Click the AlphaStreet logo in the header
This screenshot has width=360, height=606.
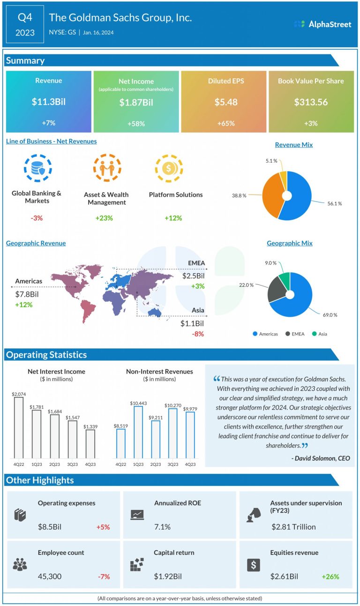point(322,24)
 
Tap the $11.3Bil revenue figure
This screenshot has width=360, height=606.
point(48,102)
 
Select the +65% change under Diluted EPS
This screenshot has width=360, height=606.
point(223,124)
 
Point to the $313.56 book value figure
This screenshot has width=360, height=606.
point(311,102)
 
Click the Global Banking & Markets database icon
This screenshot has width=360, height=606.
point(36,167)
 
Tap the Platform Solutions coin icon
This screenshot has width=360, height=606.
point(169,168)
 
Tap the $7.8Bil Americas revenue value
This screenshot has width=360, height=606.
point(27,294)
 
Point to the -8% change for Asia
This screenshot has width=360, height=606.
point(197,334)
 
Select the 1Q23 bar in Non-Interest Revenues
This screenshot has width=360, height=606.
point(138,432)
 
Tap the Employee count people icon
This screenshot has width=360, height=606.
point(20,565)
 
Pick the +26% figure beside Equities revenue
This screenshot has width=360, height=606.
point(330,576)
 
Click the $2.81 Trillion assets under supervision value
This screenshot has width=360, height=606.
point(293,527)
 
